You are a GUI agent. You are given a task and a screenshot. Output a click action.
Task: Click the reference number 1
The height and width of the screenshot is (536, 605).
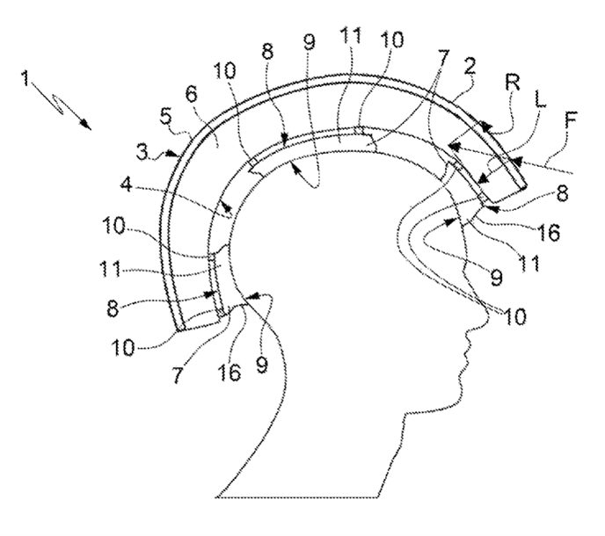[x=26, y=78]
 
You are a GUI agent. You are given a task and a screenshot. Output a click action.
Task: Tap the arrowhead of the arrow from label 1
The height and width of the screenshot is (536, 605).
[x=86, y=125]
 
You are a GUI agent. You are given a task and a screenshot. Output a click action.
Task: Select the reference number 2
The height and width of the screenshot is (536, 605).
[x=470, y=67]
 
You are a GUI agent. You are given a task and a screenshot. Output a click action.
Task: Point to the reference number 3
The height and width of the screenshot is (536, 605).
[x=142, y=153]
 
